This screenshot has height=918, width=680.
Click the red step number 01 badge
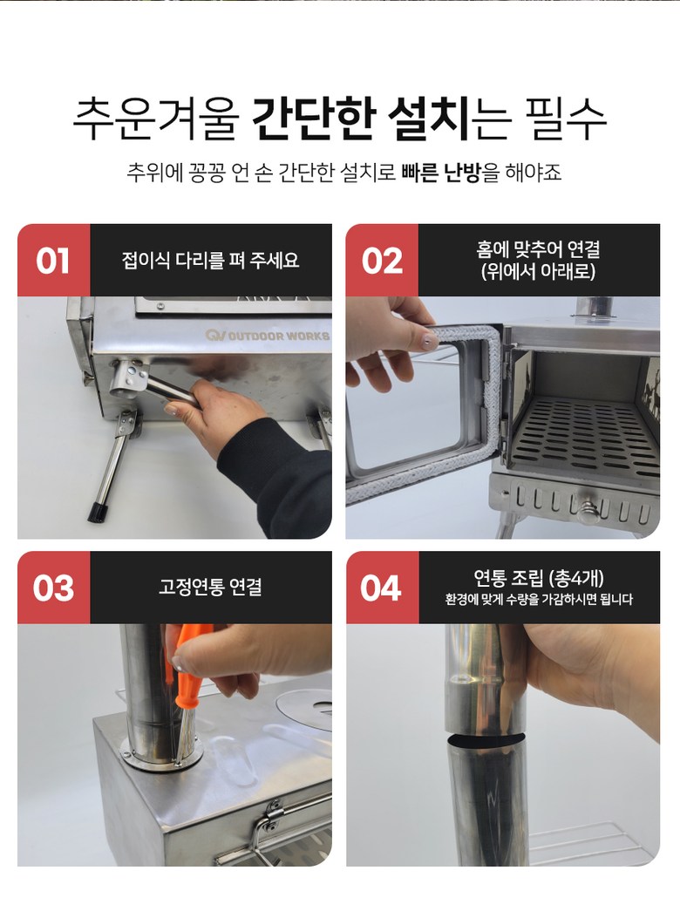pyautogui.click(x=53, y=260)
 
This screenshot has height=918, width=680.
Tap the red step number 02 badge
pyautogui.click(x=382, y=260)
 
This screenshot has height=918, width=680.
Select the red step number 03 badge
pyautogui.click(x=53, y=588)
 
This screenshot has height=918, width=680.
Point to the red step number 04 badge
pyautogui.click(x=382, y=588)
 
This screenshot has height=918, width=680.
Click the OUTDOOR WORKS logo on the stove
pyautogui.click(x=267, y=336)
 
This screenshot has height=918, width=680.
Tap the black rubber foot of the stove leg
pyautogui.click(x=98, y=512)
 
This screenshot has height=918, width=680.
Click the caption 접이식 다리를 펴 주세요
pyautogui.click(x=210, y=260)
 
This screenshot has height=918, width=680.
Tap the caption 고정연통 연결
pyautogui.click(x=210, y=587)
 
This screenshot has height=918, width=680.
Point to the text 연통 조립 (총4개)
pyautogui.click(x=539, y=578)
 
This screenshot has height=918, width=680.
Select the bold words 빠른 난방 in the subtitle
pyautogui.click(x=440, y=172)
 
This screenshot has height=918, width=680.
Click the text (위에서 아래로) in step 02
pyautogui.click(x=538, y=272)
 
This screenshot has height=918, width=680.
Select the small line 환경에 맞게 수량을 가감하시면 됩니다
pyautogui.click(x=539, y=600)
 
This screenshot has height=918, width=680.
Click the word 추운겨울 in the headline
pyautogui.click(x=156, y=119)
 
